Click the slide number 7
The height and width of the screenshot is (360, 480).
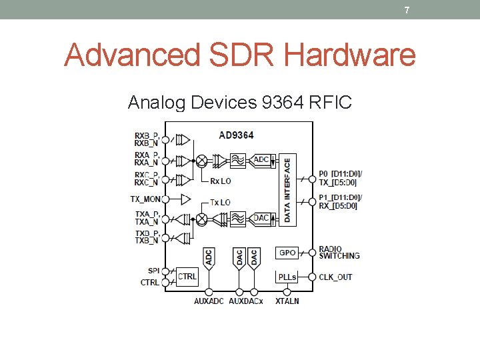coord(407,10)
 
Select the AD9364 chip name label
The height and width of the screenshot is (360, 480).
coord(236,135)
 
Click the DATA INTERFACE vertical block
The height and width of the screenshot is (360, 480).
coord(287,190)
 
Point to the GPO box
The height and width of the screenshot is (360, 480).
coord(287,253)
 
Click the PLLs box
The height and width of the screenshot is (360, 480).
coord(287,277)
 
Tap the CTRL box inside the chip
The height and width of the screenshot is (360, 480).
coord(187,276)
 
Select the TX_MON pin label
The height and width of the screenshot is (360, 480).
coord(145,199)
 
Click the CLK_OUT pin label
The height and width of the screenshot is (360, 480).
coord(335,277)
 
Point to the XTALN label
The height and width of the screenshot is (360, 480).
coord(287,301)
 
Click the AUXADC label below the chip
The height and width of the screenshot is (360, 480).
coord(209,301)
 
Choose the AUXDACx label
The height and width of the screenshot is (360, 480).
coord(246,301)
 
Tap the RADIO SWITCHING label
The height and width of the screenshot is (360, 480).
coord(339,253)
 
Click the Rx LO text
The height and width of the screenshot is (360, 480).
coord(220,181)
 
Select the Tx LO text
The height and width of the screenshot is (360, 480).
coord(220,202)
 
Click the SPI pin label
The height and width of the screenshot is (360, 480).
coord(153,271)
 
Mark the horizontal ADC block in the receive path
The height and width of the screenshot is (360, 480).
coord(261,160)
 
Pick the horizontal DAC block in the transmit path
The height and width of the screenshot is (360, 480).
coord(261,218)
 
